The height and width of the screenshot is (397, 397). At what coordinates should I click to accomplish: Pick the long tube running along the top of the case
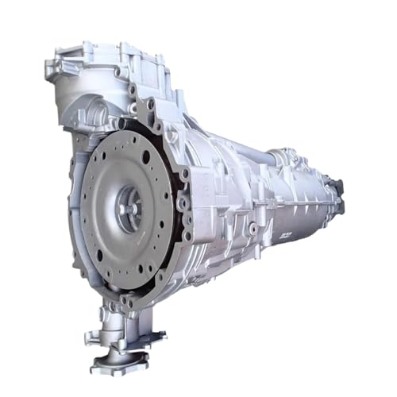(238, 148)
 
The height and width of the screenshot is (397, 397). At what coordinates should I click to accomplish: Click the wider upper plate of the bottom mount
(127, 337)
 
